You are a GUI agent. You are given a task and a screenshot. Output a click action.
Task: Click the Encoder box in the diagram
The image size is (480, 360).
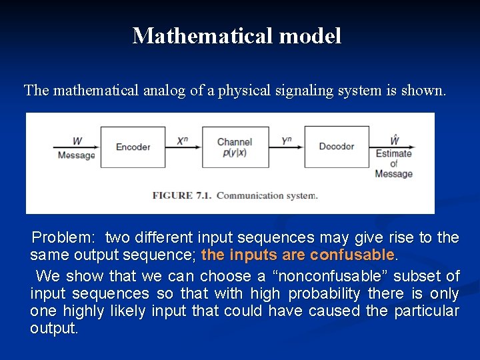coord(133,147)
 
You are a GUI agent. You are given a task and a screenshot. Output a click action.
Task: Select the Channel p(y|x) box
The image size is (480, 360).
coord(235,147)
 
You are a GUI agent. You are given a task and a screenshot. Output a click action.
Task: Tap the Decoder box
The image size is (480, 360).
coord(337,147)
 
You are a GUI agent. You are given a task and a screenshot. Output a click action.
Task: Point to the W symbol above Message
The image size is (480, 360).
coord(77,141)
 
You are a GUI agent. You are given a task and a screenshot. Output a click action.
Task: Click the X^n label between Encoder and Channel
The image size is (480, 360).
coord(183,141)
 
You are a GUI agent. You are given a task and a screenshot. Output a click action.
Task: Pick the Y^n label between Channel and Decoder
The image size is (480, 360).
coord(287,141)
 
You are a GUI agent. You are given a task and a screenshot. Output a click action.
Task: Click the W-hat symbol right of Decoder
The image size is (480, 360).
coord(394,140)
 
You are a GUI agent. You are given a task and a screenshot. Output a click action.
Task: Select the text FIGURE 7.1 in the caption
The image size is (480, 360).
coord(181,195)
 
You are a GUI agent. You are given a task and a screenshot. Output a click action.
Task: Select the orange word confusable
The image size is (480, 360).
coord(353,255)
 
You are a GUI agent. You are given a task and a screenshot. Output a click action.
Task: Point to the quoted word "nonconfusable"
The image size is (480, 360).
coord(343,276)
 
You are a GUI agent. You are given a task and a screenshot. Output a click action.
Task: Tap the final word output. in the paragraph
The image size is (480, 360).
coord(54,329)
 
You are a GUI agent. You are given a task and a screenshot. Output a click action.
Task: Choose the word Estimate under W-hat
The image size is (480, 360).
coord(393,154)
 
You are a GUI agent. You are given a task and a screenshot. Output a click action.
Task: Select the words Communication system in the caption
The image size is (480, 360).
coord(267,195)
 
